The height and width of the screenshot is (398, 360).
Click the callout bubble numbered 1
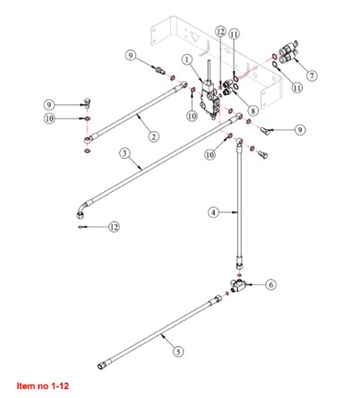187,60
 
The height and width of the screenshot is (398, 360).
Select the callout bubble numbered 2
153,136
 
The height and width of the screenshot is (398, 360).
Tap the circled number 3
124,153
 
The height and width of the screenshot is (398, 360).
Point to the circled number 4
213,212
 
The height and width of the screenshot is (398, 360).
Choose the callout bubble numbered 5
178,351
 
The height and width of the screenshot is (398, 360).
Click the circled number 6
270,285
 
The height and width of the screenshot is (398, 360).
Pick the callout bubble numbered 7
312,75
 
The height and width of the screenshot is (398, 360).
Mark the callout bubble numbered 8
253,111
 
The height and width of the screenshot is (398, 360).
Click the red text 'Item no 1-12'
43,385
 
